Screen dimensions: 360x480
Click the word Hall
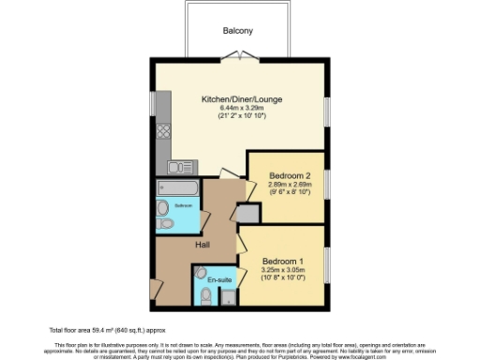pos(202,245)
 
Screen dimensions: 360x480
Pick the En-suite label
pos(219,279)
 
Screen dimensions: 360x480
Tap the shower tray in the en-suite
pos(226,298)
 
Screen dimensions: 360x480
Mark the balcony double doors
pos(241,57)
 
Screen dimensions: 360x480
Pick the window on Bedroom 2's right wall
pos(326,186)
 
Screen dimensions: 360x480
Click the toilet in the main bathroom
pos(165,224)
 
